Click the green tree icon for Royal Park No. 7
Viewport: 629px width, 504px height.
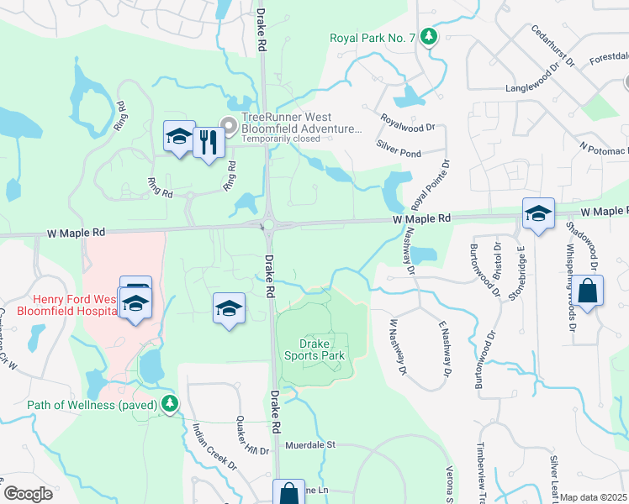pos(430,36)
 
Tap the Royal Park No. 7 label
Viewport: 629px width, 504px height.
pos(373,37)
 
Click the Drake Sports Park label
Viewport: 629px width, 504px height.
pos(323,349)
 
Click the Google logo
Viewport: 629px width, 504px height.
pos(28,494)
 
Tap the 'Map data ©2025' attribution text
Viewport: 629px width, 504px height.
pos(594,497)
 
